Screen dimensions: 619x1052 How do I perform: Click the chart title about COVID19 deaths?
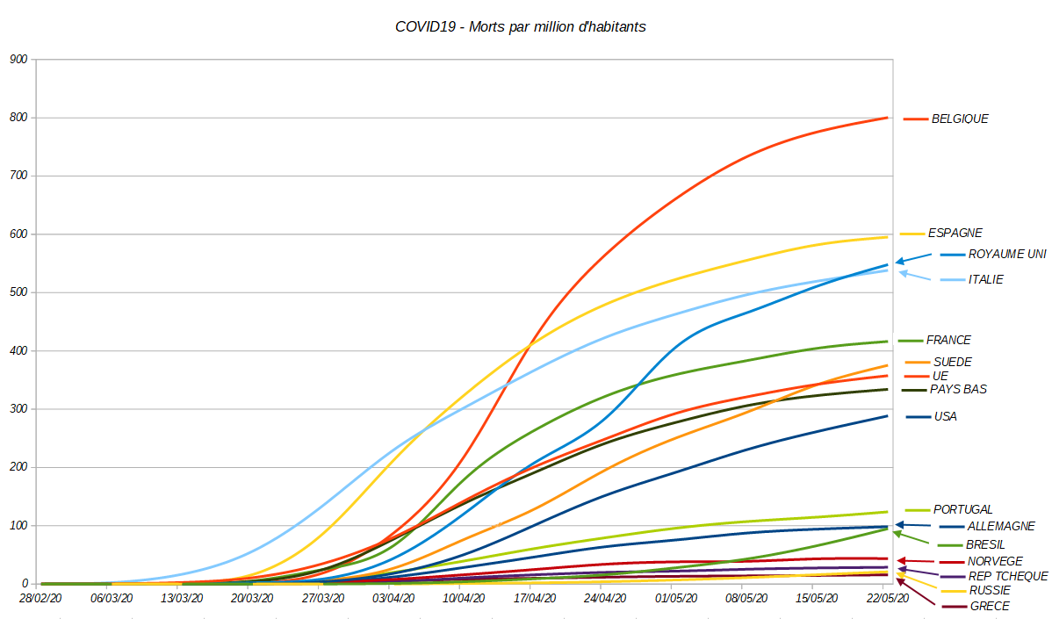point(520,26)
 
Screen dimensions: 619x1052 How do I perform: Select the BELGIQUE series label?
point(960,119)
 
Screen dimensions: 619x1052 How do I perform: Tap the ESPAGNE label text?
point(955,234)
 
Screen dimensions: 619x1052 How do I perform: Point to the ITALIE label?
point(985,279)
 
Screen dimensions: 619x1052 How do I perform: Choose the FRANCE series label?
point(948,340)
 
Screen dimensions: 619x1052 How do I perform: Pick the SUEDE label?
point(952,362)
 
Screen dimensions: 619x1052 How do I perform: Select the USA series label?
point(945,416)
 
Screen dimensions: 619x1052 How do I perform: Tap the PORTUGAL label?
point(962,509)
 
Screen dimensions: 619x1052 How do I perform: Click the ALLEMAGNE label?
point(1000,527)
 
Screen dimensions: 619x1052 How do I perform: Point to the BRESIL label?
point(984,544)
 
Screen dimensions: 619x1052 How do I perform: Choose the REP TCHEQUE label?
point(1008,576)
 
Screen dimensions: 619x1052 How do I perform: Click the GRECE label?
point(989,606)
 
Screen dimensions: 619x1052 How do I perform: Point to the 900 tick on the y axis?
point(18,60)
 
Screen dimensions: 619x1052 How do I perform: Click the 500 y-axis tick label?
point(18,292)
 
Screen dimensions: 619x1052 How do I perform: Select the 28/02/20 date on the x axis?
point(40,598)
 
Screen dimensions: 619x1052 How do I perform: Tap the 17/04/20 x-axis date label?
point(534,598)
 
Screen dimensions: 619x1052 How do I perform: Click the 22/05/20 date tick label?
point(886,598)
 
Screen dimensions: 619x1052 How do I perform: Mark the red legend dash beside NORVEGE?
point(951,562)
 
